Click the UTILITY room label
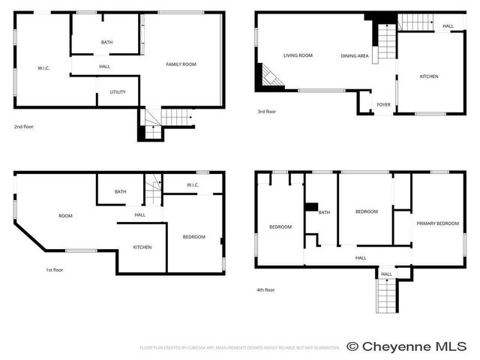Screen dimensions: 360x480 pyautogui.click(x=118, y=92)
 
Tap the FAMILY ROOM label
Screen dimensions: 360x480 pyautogui.click(x=181, y=64)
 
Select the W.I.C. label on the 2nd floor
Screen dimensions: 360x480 pyautogui.click(x=43, y=68)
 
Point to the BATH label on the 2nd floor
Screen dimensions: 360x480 pyautogui.click(x=107, y=42)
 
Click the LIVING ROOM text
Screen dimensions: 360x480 pyautogui.click(x=298, y=55)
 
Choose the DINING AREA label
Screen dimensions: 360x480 pyautogui.click(x=354, y=55)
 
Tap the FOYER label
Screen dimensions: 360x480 pyautogui.click(x=383, y=104)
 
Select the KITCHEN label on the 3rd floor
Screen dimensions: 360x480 pyautogui.click(x=429, y=76)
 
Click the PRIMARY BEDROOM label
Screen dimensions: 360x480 pyautogui.click(x=437, y=223)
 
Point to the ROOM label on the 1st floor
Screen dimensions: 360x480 pyautogui.click(x=65, y=216)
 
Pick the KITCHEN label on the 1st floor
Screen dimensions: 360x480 pyautogui.click(x=142, y=247)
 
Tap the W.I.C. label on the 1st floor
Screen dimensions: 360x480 pyautogui.click(x=192, y=184)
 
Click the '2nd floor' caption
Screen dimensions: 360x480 pyautogui.click(x=24, y=127)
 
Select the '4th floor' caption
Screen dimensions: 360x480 pyautogui.click(x=265, y=289)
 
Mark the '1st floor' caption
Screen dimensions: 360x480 pyautogui.click(x=53, y=269)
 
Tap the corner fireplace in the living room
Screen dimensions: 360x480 pyautogui.click(x=268, y=76)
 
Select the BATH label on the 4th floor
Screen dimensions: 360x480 pyautogui.click(x=324, y=212)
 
